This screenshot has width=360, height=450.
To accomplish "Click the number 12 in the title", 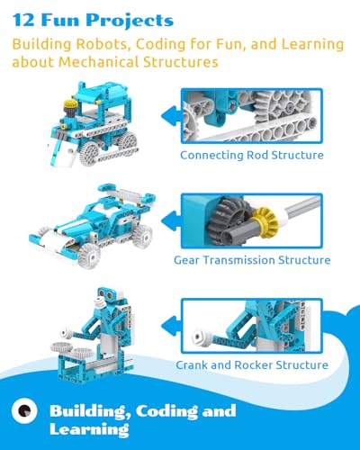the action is (23, 20).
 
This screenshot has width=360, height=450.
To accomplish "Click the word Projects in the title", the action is (130, 21).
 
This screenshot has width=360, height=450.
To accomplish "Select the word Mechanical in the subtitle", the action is (99, 62).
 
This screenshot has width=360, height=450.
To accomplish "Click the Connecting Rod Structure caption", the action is (252, 155).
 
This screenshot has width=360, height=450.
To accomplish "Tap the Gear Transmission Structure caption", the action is (252, 260).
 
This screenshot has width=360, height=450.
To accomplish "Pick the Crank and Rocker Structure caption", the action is (252, 365).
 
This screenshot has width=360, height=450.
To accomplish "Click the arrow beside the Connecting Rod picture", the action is (172, 116).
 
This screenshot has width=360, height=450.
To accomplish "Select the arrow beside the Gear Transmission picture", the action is (172, 220).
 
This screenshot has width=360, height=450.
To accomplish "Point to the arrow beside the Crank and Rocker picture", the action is (172, 326).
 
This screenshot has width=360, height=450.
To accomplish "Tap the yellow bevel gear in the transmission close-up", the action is (264, 220).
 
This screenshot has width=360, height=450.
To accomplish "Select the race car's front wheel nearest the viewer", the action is (89, 256).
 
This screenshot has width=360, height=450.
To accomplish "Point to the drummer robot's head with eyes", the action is (110, 294).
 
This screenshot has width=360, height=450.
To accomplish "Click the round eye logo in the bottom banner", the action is (24, 410).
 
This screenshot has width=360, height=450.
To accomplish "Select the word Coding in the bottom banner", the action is (166, 411).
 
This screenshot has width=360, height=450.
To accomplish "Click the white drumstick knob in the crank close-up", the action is (200, 338).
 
